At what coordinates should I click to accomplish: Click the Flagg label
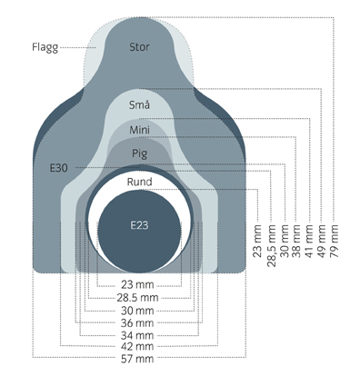tap(45, 47)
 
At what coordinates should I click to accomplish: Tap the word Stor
tap(139, 47)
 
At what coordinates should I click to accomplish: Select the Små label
tap(139, 104)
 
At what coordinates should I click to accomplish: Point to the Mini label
tap(139, 130)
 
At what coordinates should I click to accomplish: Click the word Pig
tap(139, 153)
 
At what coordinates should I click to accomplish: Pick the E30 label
tap(59, 168)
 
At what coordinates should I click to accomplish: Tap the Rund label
tap(139, 182)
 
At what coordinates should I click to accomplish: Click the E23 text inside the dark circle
tap(139, 225)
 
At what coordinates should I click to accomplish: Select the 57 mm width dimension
tap(137, 359)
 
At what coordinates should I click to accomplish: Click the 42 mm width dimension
tap(137, 346)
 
